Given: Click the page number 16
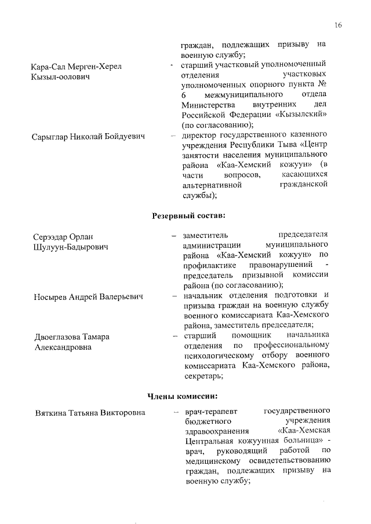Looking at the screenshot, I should [339, 25].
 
